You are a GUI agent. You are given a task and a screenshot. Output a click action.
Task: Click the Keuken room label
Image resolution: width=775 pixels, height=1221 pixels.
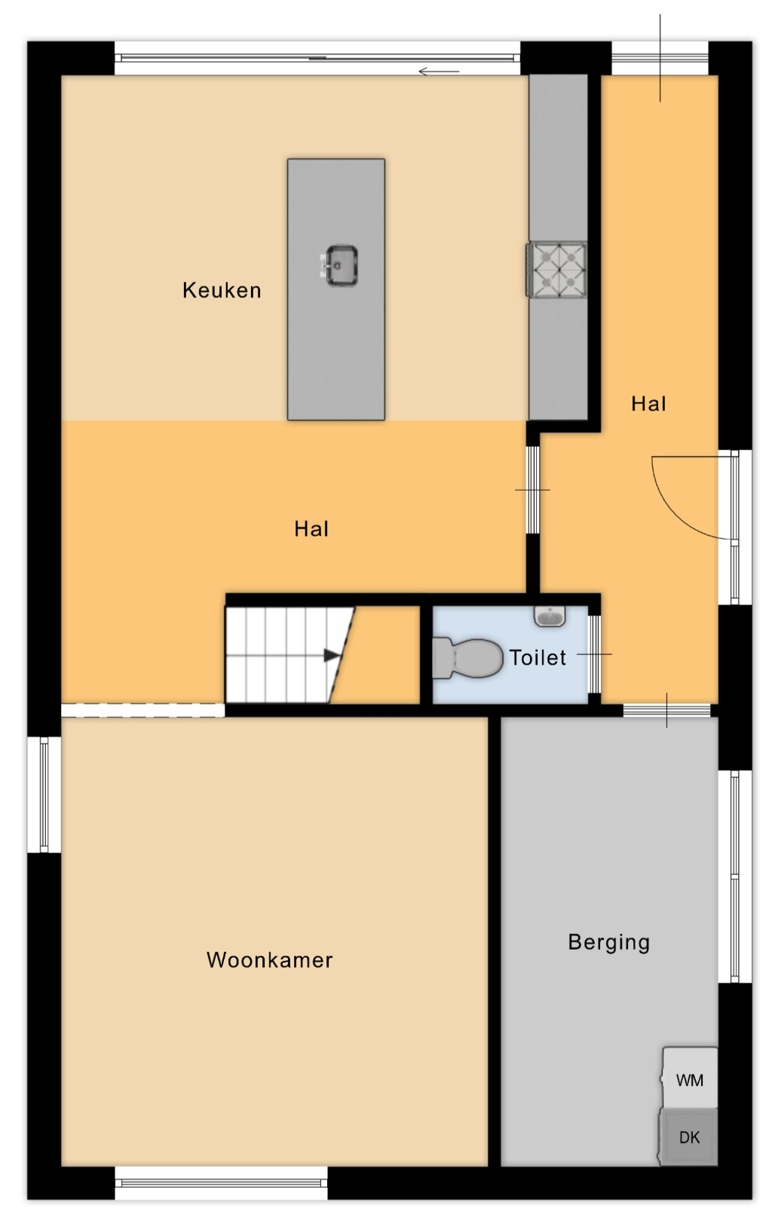pyautogui.click(x=222, y=290)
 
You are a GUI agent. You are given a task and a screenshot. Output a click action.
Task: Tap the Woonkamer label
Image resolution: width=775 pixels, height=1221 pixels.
pyautogui.click(x=269, y=960)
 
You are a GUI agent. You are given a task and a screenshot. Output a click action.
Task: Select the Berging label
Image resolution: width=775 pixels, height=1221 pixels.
pyautogui.click(x=608, y=942)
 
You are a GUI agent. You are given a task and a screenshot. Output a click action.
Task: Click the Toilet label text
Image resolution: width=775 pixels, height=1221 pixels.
pyautogui.click(x=538, y=657)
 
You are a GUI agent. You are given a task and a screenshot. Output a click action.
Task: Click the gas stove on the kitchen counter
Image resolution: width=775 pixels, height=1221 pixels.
pyautogui.click(x=556, y=270)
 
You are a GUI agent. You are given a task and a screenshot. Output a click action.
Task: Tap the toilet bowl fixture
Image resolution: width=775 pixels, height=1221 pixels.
pyautogui.click(x=467, y=658)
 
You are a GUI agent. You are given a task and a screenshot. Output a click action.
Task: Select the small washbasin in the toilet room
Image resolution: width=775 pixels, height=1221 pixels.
pyautogui.click(x=549, y=616)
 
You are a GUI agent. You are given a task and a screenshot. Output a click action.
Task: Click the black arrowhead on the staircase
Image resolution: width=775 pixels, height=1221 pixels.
pyautogui.click(x=332, y=655)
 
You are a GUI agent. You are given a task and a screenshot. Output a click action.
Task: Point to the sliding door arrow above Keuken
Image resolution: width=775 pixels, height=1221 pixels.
pyautogui.click(x=439, y=72)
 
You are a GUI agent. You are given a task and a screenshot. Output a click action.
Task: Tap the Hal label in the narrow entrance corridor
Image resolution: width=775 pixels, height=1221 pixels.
pyautogui.click(x=648, y=404)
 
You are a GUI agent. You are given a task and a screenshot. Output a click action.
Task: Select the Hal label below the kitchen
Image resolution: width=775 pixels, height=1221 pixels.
pyautogui.click(x=311, y=529)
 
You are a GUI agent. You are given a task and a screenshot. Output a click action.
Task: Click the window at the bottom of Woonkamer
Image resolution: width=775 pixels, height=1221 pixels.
pyautogui.click(x=221, y=1183)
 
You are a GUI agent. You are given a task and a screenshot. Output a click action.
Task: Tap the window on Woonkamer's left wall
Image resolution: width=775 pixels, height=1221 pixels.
pyautogui.click(x=44, y=794)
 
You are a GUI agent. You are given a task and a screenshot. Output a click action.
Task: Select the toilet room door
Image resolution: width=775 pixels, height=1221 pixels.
pyautogui.click(x=595, y=654)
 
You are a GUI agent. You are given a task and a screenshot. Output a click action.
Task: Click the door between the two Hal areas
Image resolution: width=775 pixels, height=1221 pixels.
pyautogui.click(x=532, y=490)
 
